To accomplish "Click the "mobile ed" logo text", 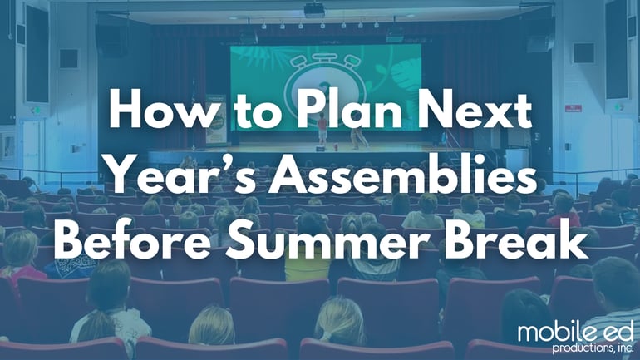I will (x=573, y=332).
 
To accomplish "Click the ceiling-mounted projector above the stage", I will (x=313, y=10).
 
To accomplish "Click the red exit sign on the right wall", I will (x=573, y=107).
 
